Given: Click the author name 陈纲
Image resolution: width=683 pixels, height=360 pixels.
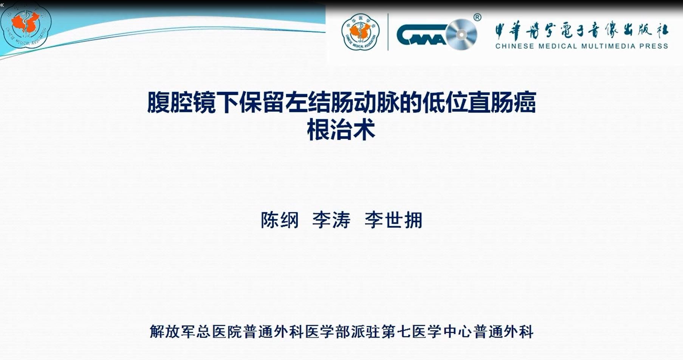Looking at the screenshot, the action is (x=280, y=220).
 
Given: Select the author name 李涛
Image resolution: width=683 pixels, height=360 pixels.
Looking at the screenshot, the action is (x=331, y=220).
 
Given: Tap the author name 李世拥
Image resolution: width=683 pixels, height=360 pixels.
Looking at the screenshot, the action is (x=393, y=220).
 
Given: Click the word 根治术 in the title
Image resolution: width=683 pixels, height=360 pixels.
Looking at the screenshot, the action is (x=341, y=130).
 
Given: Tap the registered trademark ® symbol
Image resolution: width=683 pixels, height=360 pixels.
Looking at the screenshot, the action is (x=477, y=17).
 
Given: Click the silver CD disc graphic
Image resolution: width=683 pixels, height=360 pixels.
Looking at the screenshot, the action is (x=462, y=35).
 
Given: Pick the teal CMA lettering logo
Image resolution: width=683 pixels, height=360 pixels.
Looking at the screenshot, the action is (x=422, y=35).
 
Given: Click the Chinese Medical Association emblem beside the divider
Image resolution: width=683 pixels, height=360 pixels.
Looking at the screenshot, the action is (x=360, y=32).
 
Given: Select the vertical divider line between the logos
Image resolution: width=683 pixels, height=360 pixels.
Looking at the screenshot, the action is (x=388, y=32).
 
